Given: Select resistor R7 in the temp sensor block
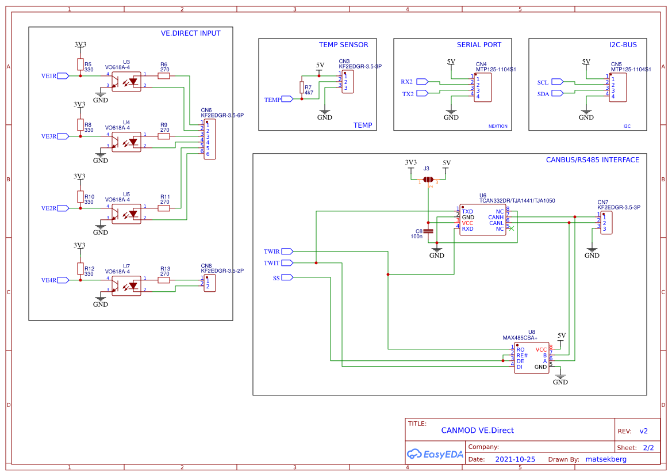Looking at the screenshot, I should click(x=301, y=87).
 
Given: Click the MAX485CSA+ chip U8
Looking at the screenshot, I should click(x=531, y=358).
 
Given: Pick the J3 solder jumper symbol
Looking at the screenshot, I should click(x=428, y=180).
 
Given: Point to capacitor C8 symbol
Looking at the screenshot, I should click(x=428, y=231).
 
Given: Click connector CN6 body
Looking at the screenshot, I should click(x=210, y=139).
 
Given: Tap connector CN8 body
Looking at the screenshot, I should click(x=210, y=283).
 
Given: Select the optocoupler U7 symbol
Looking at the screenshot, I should click(x=126, y=284).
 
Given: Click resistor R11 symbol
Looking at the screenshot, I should click(x=164, y=208).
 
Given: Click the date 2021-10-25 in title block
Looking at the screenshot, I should click(x=514, y=459).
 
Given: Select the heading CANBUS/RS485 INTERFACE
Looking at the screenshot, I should click(x=592, y=160).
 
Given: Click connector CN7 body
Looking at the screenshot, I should click(x=606, y=222).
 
